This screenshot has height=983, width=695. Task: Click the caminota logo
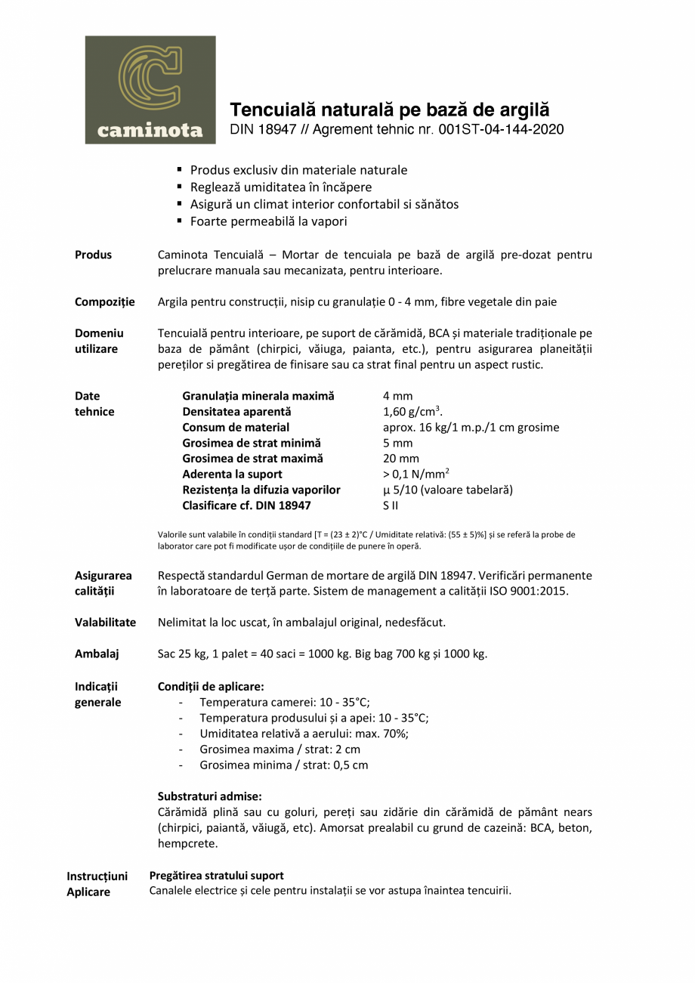pos(150,90)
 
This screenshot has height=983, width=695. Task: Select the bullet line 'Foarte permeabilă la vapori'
pos(268,221)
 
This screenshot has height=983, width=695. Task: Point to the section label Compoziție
pos(104,302)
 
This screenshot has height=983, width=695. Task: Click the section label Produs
pos(93,255)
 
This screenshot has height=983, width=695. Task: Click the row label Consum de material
pos(236,428)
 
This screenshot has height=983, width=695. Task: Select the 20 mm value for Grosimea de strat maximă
pos(400,459)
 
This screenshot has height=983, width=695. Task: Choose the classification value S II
pos(391,505)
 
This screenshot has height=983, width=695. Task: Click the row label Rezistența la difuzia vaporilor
pos(261,490)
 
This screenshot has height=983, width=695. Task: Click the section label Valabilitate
pos(105,623)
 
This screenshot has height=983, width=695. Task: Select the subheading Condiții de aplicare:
pos(211,687)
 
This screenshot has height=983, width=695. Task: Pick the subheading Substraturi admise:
pos(209,796)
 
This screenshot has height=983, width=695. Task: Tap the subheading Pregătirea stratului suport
pos(217,876)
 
